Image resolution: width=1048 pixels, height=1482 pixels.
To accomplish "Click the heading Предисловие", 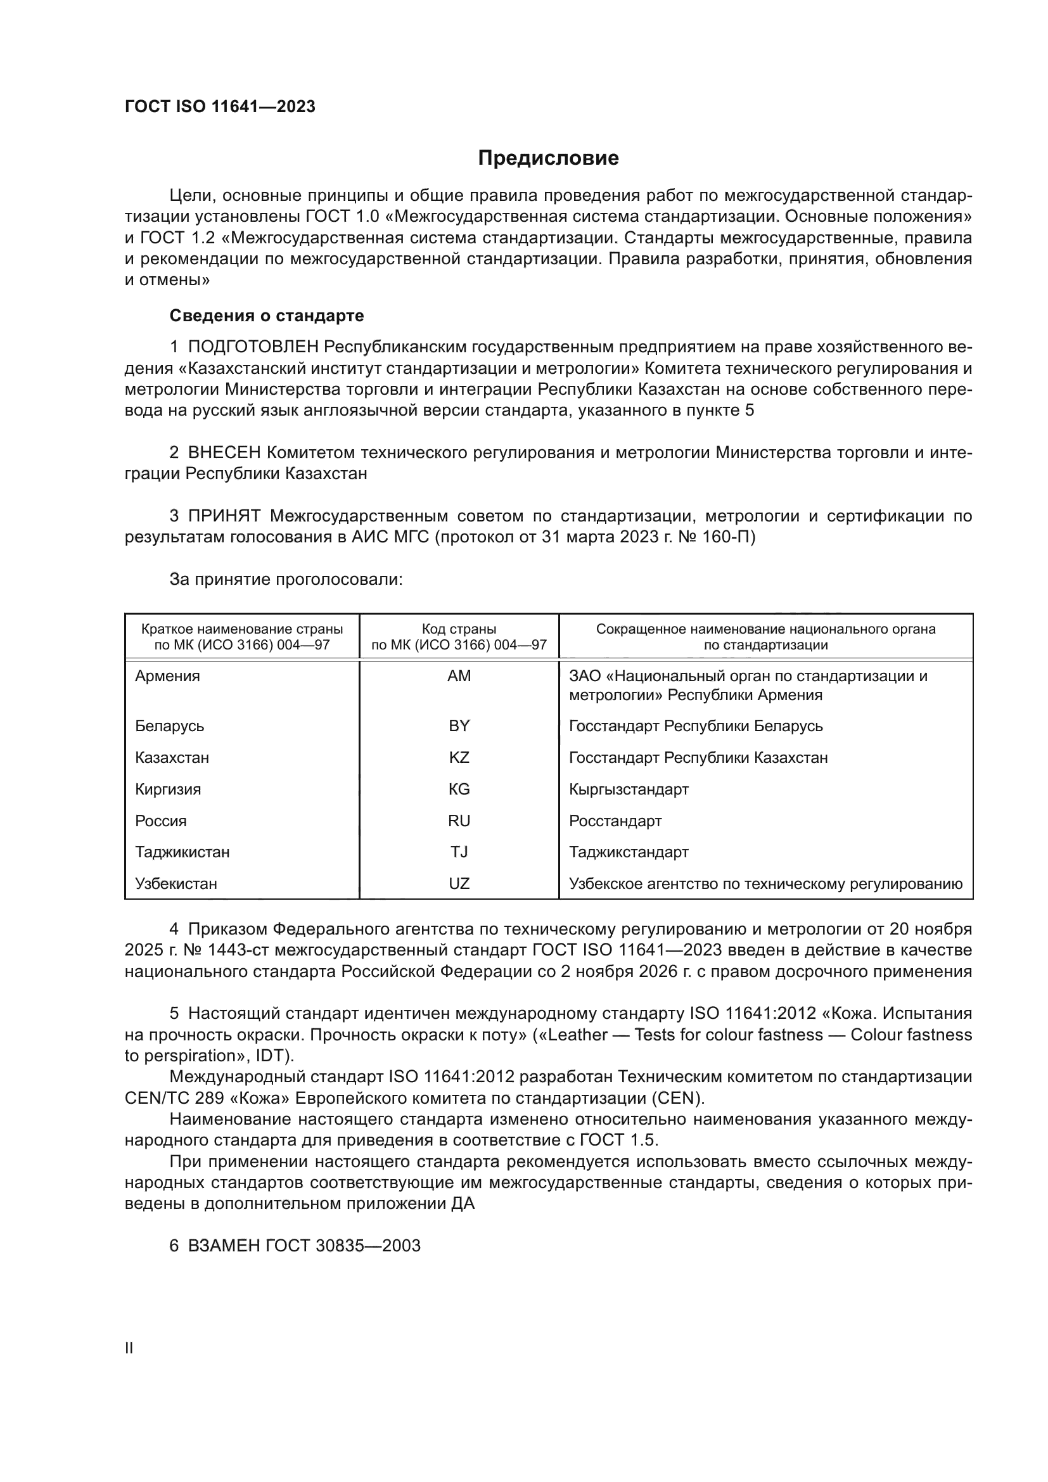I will pos(548,158).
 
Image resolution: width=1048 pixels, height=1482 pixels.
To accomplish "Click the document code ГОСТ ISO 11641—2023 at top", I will pos(220,106).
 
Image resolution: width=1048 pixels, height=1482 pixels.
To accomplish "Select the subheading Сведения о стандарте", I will pos(267,316).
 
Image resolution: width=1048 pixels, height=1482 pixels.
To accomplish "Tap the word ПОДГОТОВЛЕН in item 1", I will pos(253,347).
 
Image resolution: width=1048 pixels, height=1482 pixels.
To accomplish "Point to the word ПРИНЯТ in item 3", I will pos(224,516).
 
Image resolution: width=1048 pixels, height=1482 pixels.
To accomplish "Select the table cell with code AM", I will pos(459,676).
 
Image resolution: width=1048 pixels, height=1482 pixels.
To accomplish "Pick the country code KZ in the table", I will pos(459,758).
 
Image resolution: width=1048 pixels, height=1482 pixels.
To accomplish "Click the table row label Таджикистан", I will pos(182,852).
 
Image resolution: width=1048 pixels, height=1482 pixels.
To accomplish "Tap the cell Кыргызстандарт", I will pos(629,789).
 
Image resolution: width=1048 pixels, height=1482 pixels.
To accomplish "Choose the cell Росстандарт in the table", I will pos(615,821).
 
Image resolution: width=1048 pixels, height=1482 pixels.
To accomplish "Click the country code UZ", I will pos(459,884).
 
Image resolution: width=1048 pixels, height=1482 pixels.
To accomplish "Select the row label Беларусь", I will pos(169,726).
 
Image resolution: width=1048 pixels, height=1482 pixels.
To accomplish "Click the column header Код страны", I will pos(459,629).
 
